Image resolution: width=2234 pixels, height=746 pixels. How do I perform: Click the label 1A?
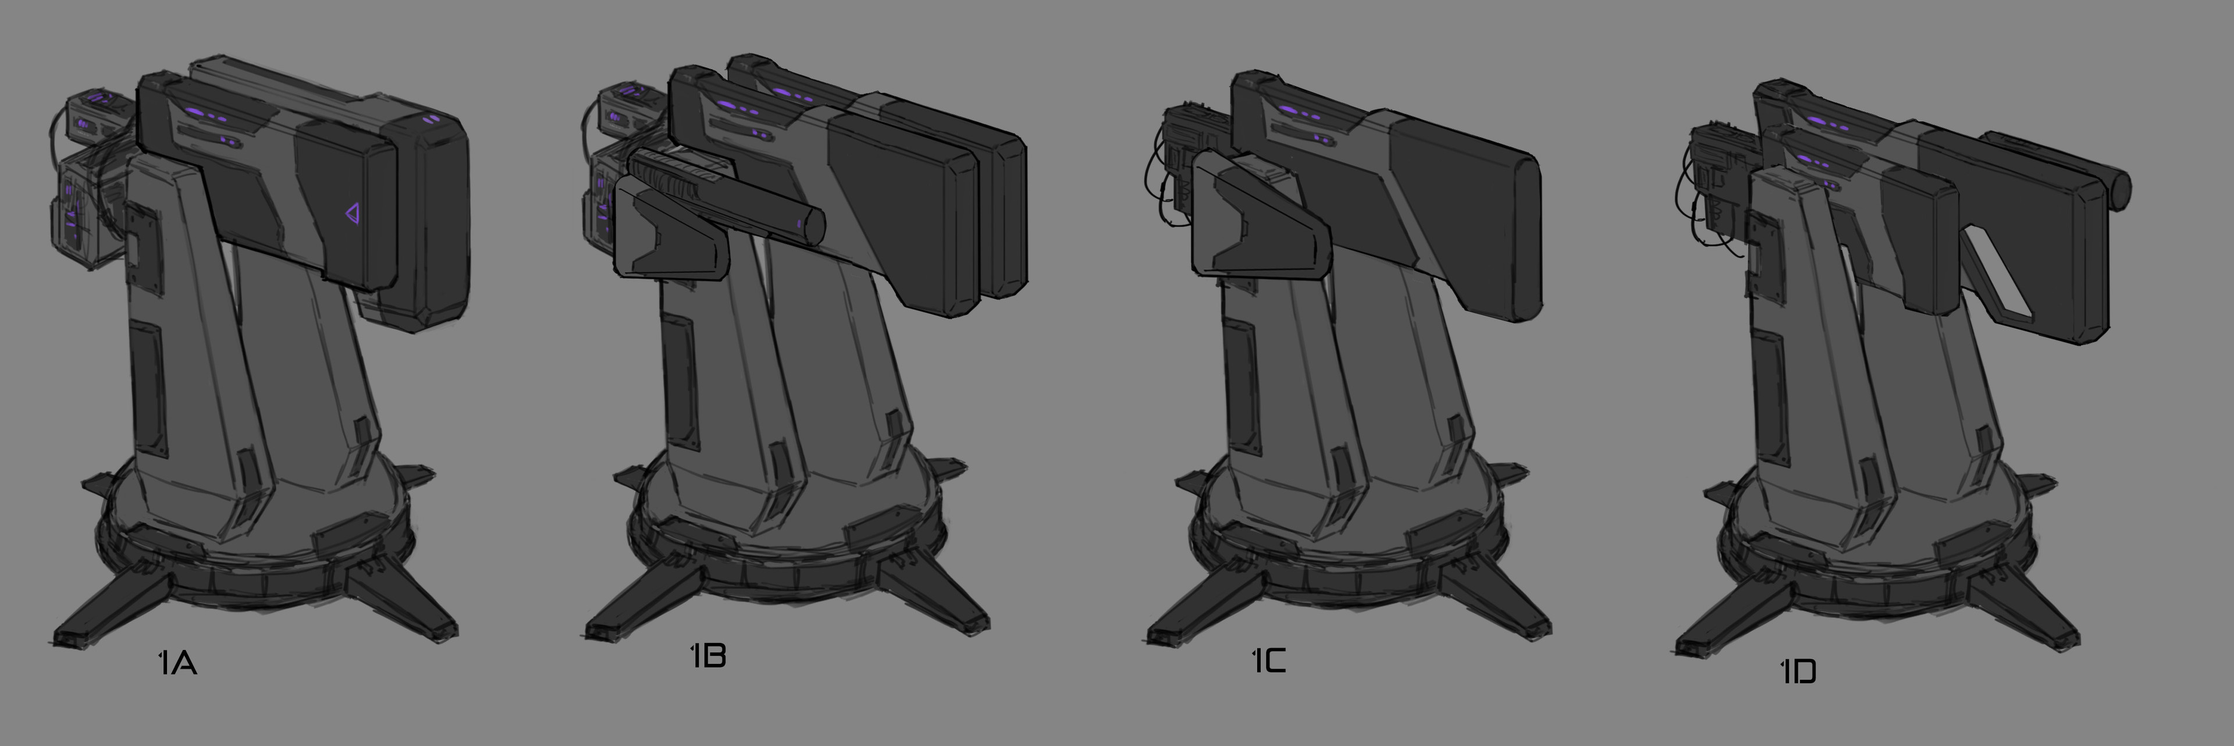tap(178, 663)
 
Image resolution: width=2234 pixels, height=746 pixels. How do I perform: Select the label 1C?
tap(1269, 661)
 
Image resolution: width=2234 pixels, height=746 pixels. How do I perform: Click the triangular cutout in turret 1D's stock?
tap(2000, 270)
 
